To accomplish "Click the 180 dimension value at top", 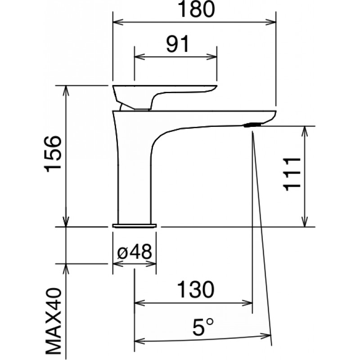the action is [x=196, y=9].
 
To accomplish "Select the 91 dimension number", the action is [x=178, y=44].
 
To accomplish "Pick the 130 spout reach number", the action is [x=196, y=289].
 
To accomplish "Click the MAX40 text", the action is [x=53, y=324].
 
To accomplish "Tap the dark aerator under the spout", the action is [x=252, y=125].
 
